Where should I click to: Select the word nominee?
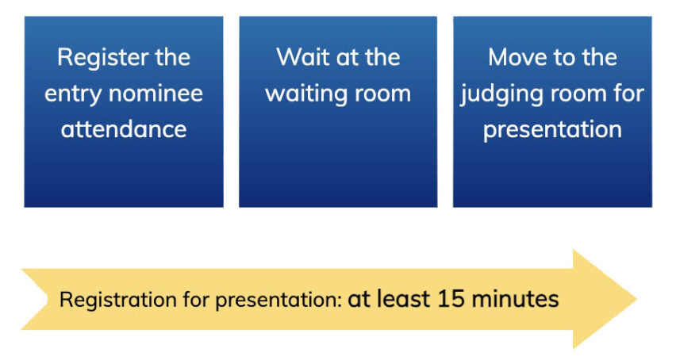(156, 94)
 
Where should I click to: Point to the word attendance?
(124, 129)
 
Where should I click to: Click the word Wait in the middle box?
(304, 57)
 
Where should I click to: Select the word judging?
(501, 94)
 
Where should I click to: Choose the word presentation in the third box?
(552, 130)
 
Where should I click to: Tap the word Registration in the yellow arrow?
(117, 300)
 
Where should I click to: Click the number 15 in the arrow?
(451, 298)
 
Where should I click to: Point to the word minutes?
(515, 298)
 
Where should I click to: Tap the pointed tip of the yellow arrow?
(636, 299)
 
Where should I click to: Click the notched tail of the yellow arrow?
(48, 299)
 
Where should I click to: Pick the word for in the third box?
(630, 94)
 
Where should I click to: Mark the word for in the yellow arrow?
(195, 300)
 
